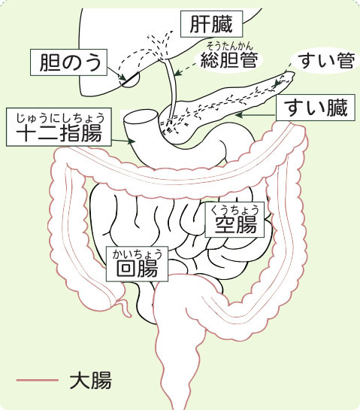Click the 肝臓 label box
(x=211, y=24)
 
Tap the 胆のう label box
(x=68, y=62)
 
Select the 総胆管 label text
(x=229, y=60)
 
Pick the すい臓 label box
(x=316, y=108)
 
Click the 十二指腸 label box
(x=59, y=127)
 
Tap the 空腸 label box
(x=234, y=220)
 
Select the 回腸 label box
(x=137, y=264)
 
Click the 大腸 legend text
(x=91, y=381)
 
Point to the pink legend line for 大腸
(x=38, y=380)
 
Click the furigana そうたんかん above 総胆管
(x=230, y=47)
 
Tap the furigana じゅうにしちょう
(x=60, y=118)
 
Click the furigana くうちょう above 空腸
(x=234, y=210)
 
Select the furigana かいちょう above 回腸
(x=138, y=254)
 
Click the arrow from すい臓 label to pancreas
(x=256, y=115)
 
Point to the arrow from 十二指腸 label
(x=123, y=141)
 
